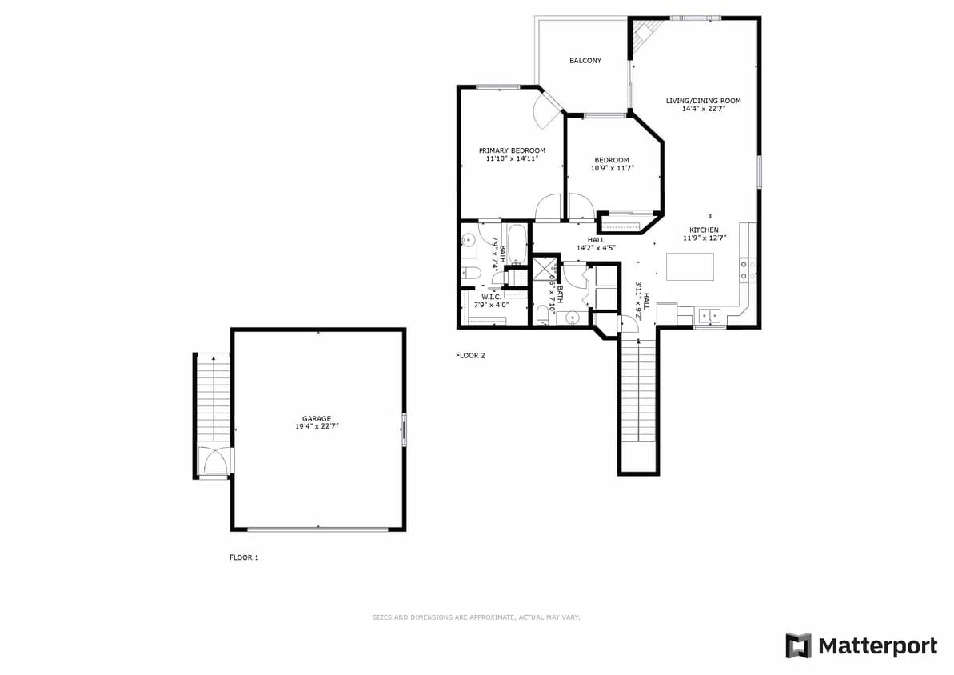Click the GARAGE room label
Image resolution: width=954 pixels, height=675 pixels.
317,418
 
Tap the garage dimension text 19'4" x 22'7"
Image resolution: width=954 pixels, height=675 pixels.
317,427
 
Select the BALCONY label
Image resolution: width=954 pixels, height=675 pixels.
585,61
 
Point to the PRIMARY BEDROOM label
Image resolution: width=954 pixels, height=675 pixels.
512,150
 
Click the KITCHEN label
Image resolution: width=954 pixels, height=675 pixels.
704,230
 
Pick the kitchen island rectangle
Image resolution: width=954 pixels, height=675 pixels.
690,267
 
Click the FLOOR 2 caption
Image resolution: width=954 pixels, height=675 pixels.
470,356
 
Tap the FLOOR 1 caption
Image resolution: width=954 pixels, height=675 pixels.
244,557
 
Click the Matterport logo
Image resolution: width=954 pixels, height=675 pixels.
861,646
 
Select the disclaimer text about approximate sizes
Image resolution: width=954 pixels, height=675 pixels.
476,617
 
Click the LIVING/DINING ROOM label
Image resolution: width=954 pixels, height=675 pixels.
704,101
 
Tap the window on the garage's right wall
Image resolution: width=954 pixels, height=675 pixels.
404,429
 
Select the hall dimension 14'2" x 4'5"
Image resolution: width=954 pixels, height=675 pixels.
596,248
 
